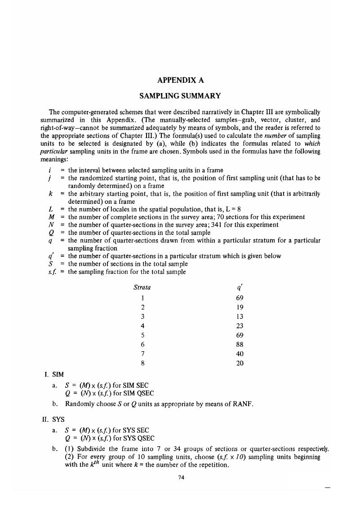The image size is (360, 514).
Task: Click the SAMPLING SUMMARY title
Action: tap(180, 96)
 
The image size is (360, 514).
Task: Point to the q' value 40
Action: tap(240, 353)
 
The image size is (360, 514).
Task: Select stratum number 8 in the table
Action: tap(142, 363)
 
